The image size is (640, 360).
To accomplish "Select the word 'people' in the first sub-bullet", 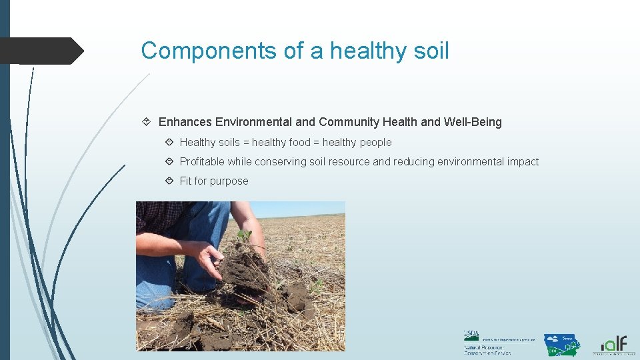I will (x=374, y=142).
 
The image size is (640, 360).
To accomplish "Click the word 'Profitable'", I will (x=202, y=161).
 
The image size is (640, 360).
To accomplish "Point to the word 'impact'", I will (x=521, y=161).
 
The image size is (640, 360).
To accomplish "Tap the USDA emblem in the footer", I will (x=471, y=335).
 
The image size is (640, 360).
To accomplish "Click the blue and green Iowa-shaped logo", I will (x=561, y=345).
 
